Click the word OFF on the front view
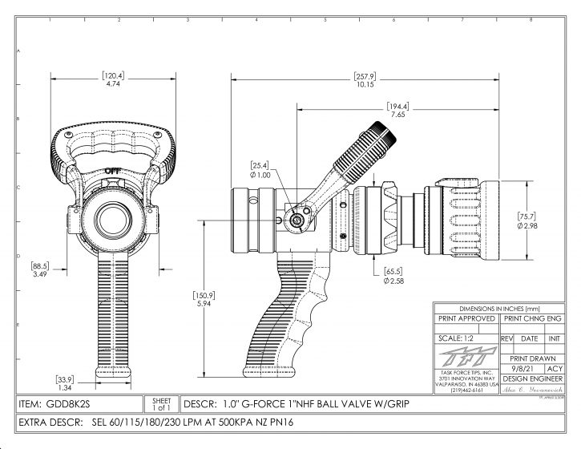coord(113,169)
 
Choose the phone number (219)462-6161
coord(466,390)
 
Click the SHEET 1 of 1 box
coord(161,402)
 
